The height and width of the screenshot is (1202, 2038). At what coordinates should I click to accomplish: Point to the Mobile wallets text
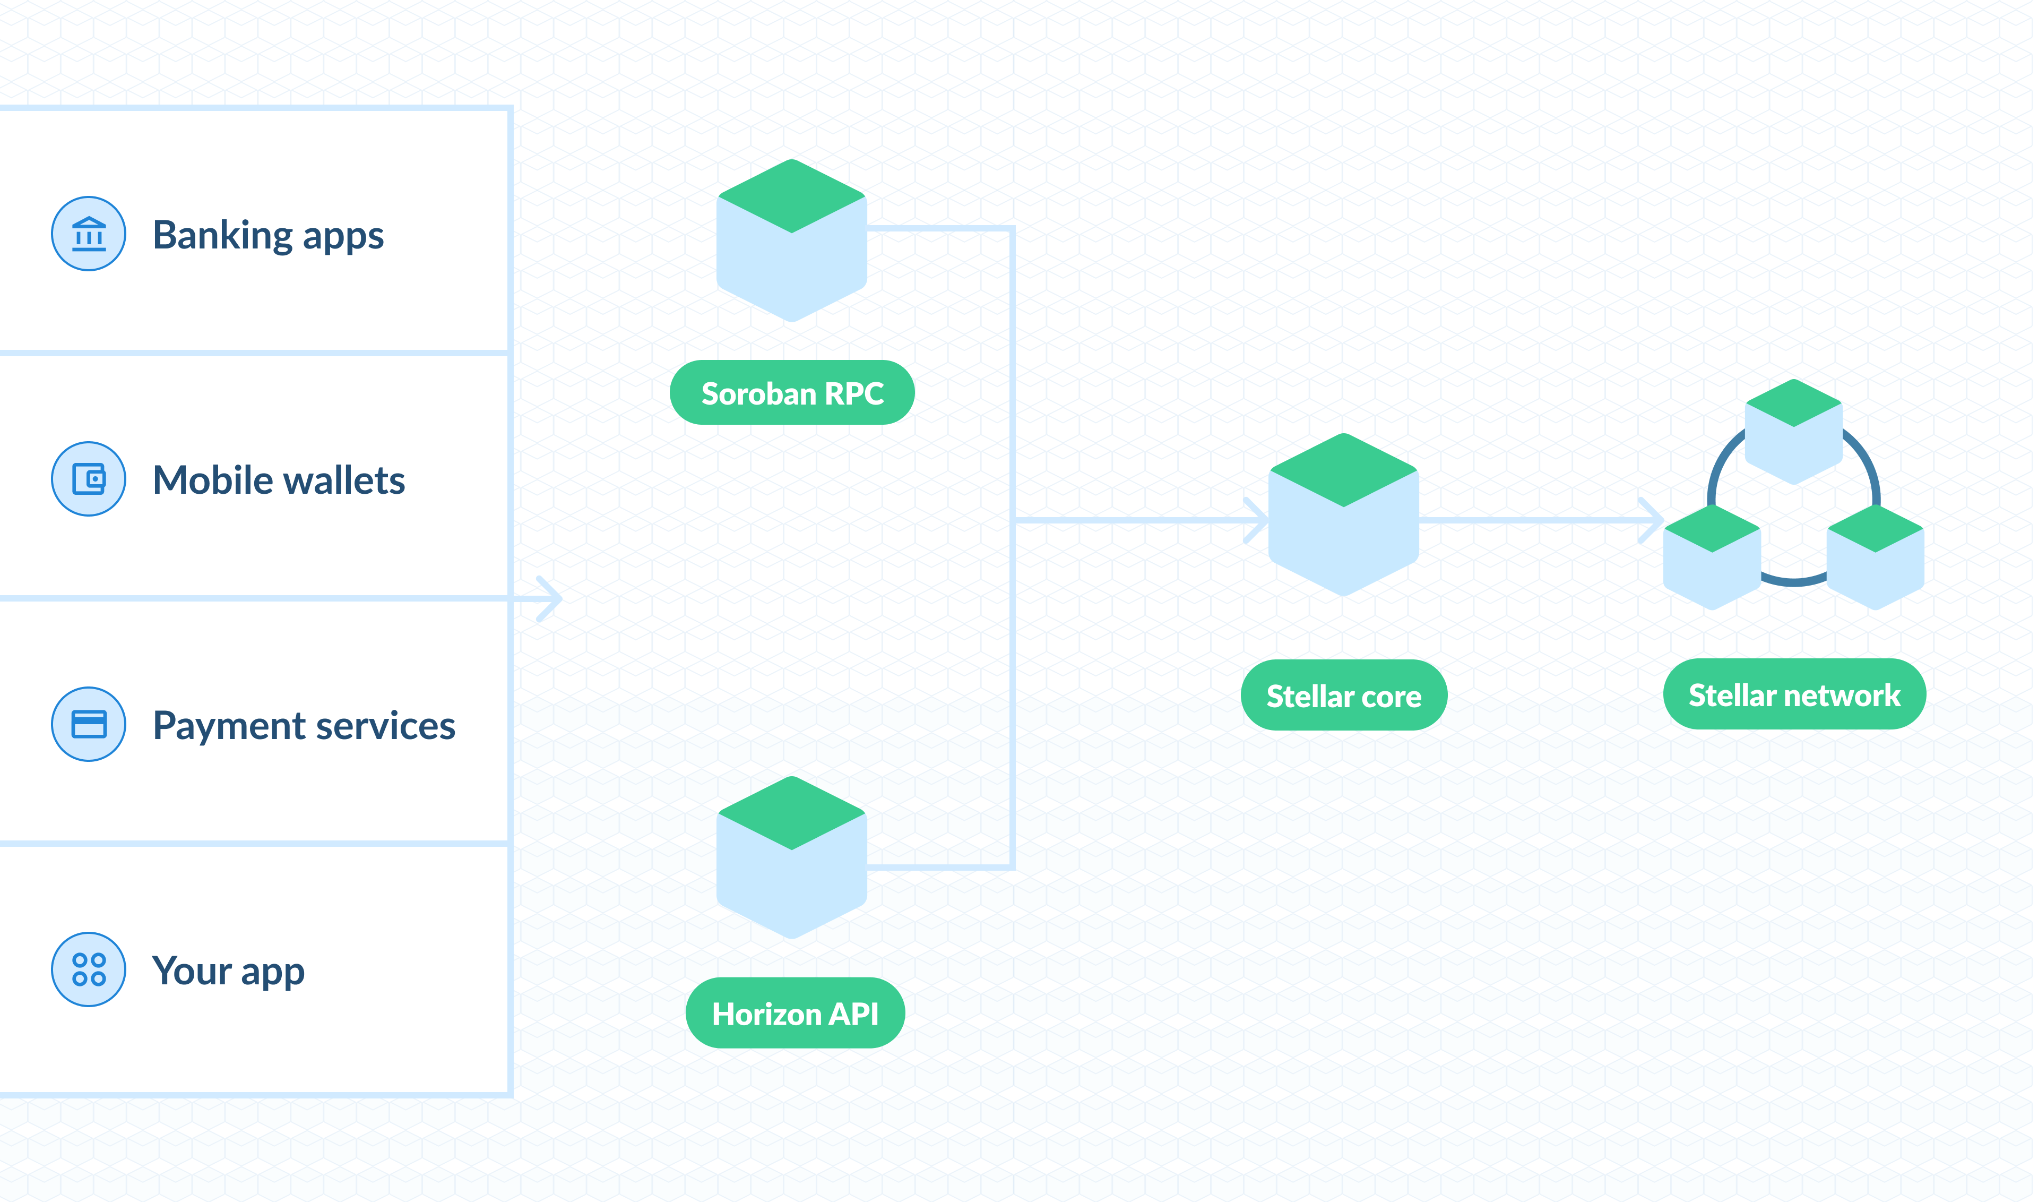(279, 480)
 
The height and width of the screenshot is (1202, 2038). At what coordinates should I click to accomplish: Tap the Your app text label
(228, 971)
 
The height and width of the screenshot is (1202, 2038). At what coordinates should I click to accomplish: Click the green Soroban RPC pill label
(792, 393)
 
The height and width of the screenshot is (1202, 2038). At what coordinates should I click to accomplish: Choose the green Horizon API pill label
(795, 1014)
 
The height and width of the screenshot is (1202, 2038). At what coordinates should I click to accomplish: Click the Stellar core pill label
(1344, 696)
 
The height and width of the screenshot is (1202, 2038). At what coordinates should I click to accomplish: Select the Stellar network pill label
(1794, 695)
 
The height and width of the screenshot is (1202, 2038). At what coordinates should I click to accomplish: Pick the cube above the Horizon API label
(792, 858)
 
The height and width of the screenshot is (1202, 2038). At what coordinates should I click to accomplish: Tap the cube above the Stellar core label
(1344, 515)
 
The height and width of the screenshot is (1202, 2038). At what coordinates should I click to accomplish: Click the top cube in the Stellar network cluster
(1794, 432)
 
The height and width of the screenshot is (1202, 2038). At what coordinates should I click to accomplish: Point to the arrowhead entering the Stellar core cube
(1257, 520)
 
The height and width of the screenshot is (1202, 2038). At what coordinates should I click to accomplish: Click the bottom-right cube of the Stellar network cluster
(1876, 557)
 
